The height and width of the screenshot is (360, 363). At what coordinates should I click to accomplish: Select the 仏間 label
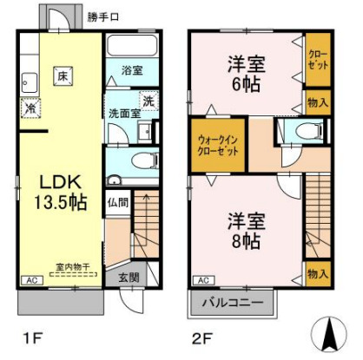(x=118, y=204)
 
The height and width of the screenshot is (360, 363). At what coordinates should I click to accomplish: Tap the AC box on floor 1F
(x=31, y=281)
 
